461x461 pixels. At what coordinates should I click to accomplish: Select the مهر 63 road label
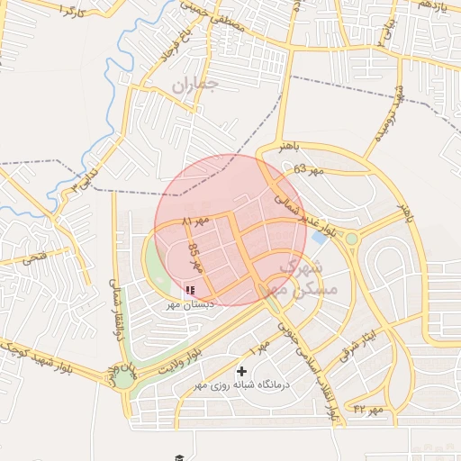click(307, 168)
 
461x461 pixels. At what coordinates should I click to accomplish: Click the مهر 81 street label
click(194, 221)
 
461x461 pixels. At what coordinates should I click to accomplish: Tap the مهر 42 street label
click(368, 411)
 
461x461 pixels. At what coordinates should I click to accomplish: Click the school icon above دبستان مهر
click(189, 290)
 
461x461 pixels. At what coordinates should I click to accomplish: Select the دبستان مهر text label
click(190, 304)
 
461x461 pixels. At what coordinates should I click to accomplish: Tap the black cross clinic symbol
click(241, 371)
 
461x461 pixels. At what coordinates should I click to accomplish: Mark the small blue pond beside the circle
click(319, 239)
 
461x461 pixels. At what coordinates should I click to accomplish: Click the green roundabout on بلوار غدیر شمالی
click(351, 239)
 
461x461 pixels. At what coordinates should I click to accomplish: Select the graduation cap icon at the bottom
click(179, 457)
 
